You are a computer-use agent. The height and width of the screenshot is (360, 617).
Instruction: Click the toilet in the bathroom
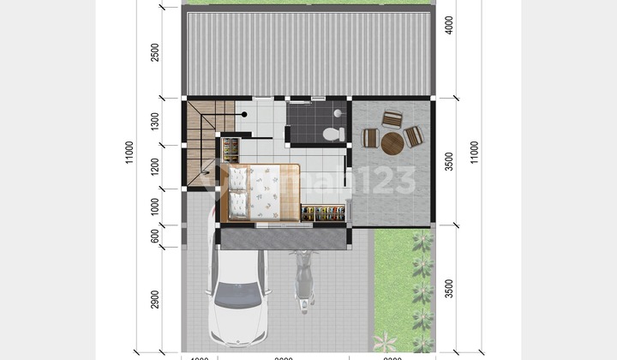pos(331,133)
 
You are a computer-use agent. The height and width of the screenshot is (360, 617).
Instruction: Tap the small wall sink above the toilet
pos(338,113)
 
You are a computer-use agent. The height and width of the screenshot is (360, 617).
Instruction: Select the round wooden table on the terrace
pos(392,142)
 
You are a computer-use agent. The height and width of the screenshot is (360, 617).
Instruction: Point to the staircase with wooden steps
pos(203,137)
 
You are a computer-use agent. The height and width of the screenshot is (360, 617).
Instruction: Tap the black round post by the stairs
pos(244,114)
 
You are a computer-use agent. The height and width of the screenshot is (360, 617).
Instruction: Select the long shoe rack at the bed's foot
pos(323,213)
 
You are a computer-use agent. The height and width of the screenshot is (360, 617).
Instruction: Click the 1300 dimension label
pos(154,122)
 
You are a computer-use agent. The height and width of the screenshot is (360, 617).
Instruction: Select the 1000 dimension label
pos(154,206)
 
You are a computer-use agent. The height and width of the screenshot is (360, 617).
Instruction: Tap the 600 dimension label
pos(154,235)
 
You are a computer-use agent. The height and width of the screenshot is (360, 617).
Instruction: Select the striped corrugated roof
pos(307,51)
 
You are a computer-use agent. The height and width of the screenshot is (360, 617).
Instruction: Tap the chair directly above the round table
pos(392,120)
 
